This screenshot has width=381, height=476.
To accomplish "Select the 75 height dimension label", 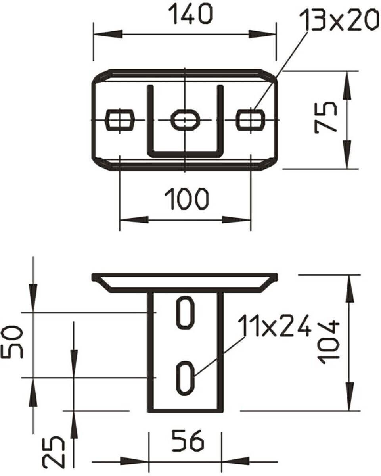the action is click(x=325, y=118).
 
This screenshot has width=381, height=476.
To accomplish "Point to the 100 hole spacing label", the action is click(x=187, y=199).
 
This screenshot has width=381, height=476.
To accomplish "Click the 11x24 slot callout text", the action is click(x=275, y=326).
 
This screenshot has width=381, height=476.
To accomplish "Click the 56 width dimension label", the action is click(x=188, y=441).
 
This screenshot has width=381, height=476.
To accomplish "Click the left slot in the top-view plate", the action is click(x=120, y=120).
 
